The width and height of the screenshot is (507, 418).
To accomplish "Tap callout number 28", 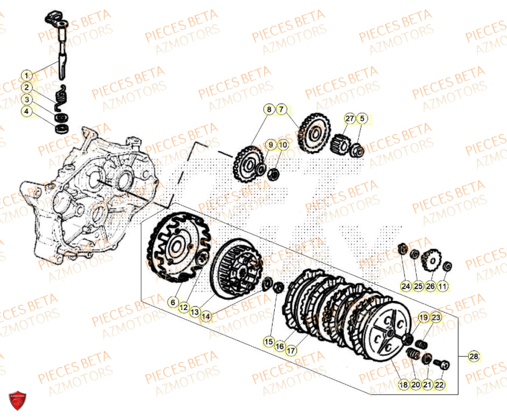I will pyautogui.click(x=473, y=357).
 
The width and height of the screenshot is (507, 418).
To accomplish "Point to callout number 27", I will pyautogui.click(x=349, y=119).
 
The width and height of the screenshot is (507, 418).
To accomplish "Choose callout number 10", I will pyautogui.click(x=283, y=145).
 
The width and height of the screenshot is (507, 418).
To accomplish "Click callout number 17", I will pyautogui.click(x=291, y=350).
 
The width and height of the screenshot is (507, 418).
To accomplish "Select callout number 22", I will pyautogui.click(x=439, y=385).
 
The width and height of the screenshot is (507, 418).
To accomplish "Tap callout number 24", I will pyautogui.click(x=406, y=287).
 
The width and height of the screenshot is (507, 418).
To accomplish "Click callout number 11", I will pyautogui.click(x=443, y=287).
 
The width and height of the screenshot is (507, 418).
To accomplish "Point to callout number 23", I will pyautogui.click(x=436, y=318).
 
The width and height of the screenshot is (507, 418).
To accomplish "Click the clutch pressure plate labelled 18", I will pyautogui.click(x=388, y=334).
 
